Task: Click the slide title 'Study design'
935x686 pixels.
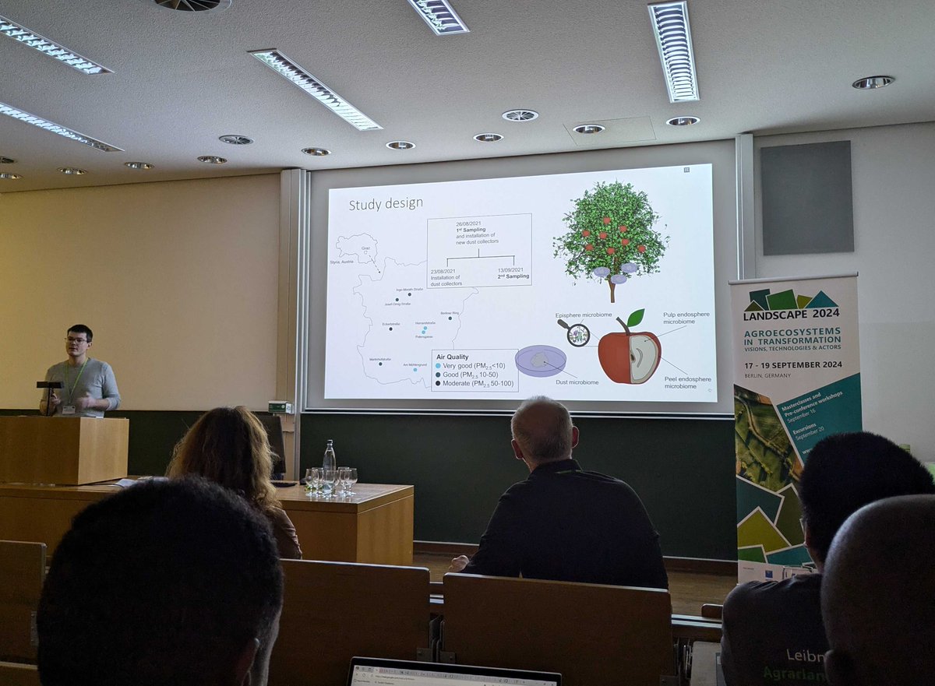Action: tap(386, 204)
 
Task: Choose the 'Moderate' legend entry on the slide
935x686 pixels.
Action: tap(475, 383)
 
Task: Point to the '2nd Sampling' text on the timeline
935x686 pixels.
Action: tap(513, 276)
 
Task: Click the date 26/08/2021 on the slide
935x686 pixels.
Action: tap(471, 223)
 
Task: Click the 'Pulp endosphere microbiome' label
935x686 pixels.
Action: tap(686, 318)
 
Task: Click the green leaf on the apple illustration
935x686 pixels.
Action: tap(635, 318)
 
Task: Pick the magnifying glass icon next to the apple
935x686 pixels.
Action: tap(577, 334)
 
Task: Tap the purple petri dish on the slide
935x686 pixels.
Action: tap(540, 361)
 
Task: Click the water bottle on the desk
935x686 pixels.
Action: tap(330, 460)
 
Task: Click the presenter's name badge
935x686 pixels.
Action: tap(69, 408)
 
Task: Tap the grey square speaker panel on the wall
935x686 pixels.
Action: tap(806, 197)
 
